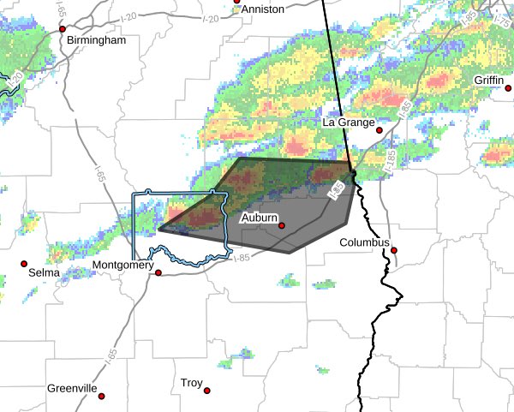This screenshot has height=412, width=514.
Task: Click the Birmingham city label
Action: tap(97, 40)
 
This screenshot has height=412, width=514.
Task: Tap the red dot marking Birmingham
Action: tap(62, 28)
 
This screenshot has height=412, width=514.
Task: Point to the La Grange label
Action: tap(349, 122)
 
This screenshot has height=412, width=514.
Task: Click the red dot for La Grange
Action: tap(380, 131)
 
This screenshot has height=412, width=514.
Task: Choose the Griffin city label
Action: tap(493, 81)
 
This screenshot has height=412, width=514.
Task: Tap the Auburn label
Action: tap(259, 218)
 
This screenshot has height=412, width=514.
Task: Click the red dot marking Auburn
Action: tap(281, 226)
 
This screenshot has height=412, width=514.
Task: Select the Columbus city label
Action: tap(364, 242)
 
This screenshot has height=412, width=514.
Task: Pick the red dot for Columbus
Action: tap(395, 250)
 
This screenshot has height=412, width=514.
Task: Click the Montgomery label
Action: tap(123, 266)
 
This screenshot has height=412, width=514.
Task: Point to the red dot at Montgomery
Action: tap(158, 273)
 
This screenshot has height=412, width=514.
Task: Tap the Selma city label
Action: tap(45, 272)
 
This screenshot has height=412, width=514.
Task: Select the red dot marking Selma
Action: tap(24, 263)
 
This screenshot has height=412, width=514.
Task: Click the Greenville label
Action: tap(72, 388)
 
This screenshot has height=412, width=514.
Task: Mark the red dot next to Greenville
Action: tap(101, 396)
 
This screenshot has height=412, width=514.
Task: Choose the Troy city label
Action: tap(191, 383)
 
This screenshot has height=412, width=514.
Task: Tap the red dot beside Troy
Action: tap(208, 391)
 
